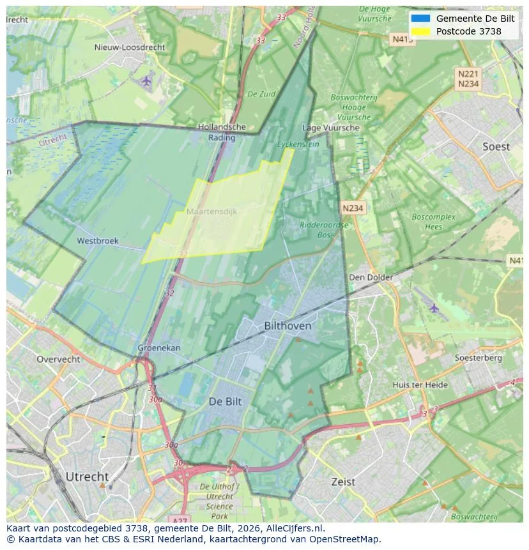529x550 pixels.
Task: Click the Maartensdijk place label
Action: pos(211,211)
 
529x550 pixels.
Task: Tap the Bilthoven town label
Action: pos(287,326)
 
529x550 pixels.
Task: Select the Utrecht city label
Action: pos(87,477)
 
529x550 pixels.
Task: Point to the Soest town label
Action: pos(496,147)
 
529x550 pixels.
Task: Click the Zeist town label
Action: pos(343,482)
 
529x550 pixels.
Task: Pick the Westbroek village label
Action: pos(98,241)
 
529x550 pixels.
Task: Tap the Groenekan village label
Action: pos(159,348)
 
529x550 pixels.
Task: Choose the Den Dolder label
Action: pos(371,277)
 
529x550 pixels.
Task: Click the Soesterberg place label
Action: pos(478,358)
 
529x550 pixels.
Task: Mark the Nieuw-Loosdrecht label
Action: pos(130,47)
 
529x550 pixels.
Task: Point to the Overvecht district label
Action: pos(58,359)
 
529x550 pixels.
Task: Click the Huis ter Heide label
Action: pos(420,385)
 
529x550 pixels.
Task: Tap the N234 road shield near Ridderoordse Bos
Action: pos(353,208)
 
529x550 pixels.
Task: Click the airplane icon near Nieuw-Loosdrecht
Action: pos(147,80)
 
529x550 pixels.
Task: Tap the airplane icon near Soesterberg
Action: pos(434,308)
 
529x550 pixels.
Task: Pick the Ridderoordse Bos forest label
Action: pos(324,229)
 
